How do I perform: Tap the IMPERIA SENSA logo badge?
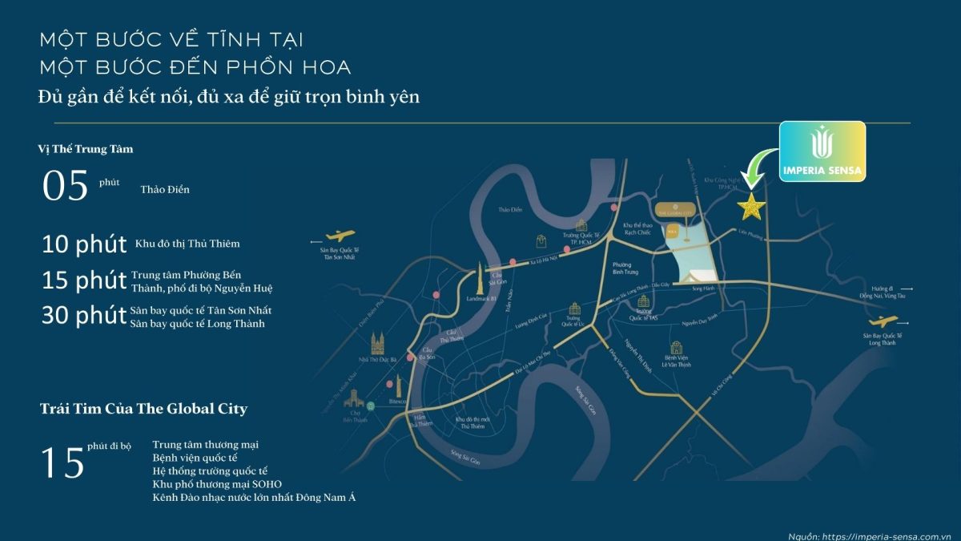[x=822, y=151]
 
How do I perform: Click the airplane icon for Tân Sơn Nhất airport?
[x=339, y=236]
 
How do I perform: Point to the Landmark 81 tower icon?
[x=481, y=277]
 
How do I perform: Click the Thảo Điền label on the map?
[x=510, y=210]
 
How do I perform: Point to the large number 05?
[x=65, y=186]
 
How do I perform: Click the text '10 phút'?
[x=84, y=244]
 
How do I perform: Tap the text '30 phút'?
[x=84, y=317]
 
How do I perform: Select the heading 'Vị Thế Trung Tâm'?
[x=86, y=149]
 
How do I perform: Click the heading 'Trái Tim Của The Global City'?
[x=143, y=409]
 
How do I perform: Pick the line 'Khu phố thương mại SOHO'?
[x=217, y=484]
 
